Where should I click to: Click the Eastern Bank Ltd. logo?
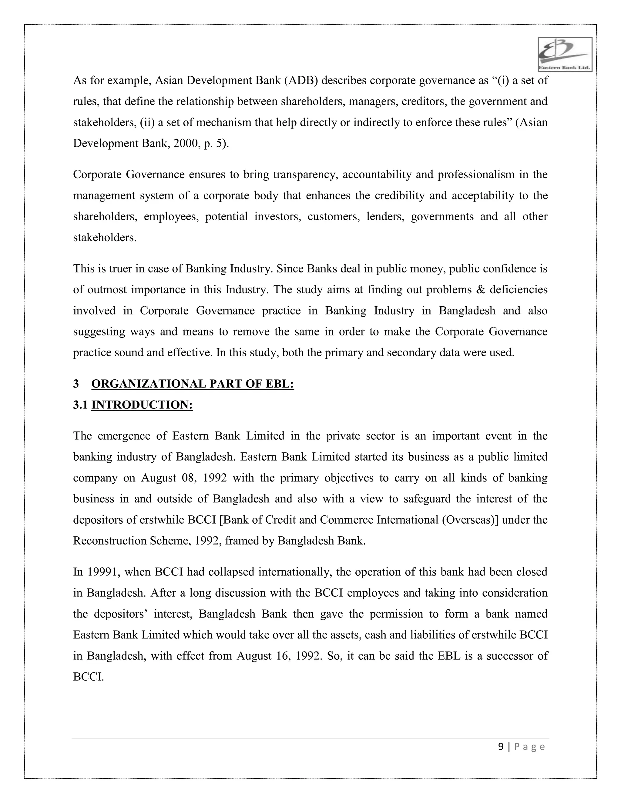[x=564, y=55]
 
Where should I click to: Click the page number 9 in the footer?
[x=501, y=747]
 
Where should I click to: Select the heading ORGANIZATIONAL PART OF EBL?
[x=193, y=384]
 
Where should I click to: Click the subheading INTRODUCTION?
[x=142, y=405]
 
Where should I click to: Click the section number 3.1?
[x=80, y=405]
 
